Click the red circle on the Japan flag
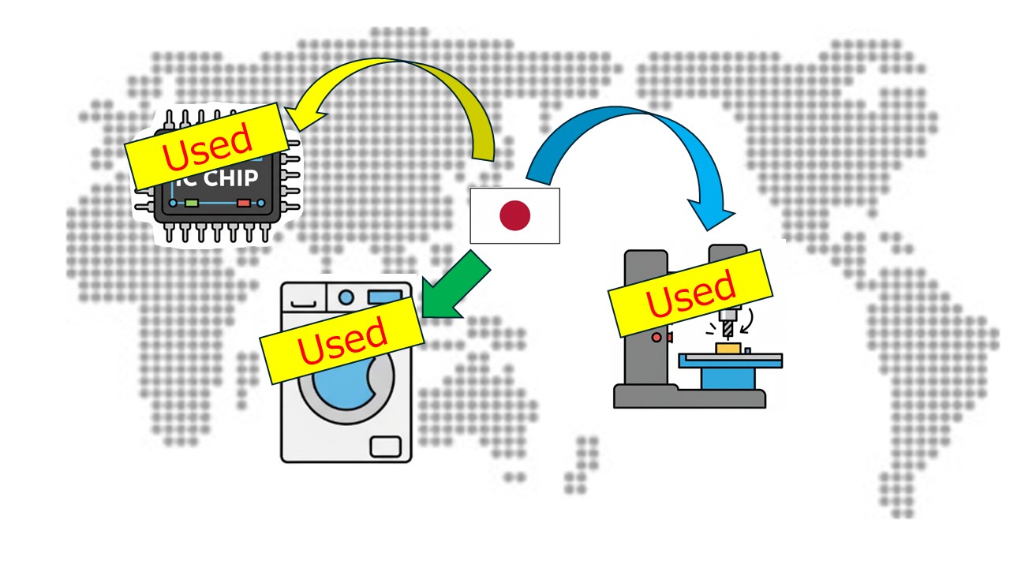coord(514,215)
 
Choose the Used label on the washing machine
coord(342,338)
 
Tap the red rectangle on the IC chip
coord(243,204)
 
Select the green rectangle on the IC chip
coord(191,203)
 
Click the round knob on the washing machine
coord(346,297)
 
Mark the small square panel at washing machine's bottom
coord(385,447)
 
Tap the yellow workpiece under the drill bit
coord(728,347)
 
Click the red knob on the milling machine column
coord(656,338)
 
